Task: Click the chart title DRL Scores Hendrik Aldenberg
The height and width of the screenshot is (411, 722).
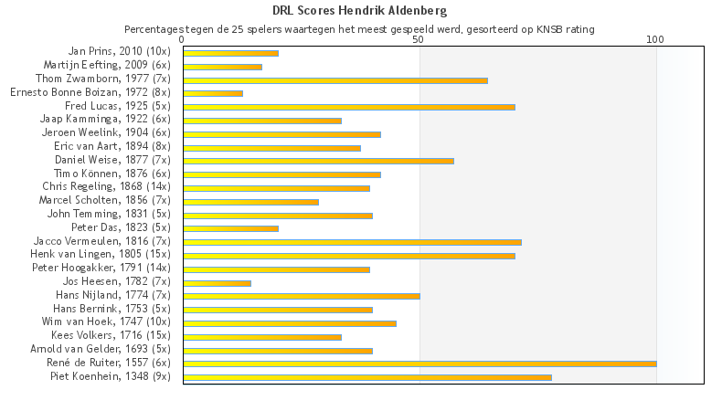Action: (360, 11)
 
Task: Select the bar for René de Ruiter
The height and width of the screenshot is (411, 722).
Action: (419, 364)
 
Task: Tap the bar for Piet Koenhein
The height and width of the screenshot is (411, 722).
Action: (367, 376)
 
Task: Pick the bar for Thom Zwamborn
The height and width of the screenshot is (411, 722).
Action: (335, 80)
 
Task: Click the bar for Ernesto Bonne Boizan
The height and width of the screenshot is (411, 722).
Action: (213, 93)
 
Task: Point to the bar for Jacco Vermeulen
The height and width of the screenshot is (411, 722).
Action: (352, 242)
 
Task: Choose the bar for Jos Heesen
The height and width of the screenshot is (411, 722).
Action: (217, 283)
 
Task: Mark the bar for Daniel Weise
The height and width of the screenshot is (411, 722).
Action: (318, 161)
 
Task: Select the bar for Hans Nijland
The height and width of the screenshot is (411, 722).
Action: (302, 296)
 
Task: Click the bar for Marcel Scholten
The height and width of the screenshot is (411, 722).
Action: (250, 201)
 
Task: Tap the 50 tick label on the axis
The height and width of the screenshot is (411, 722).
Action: (419, 40)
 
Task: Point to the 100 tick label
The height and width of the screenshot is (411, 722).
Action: (655, 40)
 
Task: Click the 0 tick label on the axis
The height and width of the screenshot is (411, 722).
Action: (183, 40)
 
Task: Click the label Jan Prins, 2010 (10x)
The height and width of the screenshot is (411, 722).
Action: (120, 52)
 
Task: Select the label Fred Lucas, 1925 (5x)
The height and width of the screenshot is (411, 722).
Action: (118, 106)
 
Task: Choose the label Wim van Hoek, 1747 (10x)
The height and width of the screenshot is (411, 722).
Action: (106, 322)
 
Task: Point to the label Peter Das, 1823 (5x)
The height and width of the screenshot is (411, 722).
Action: (121, 227)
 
